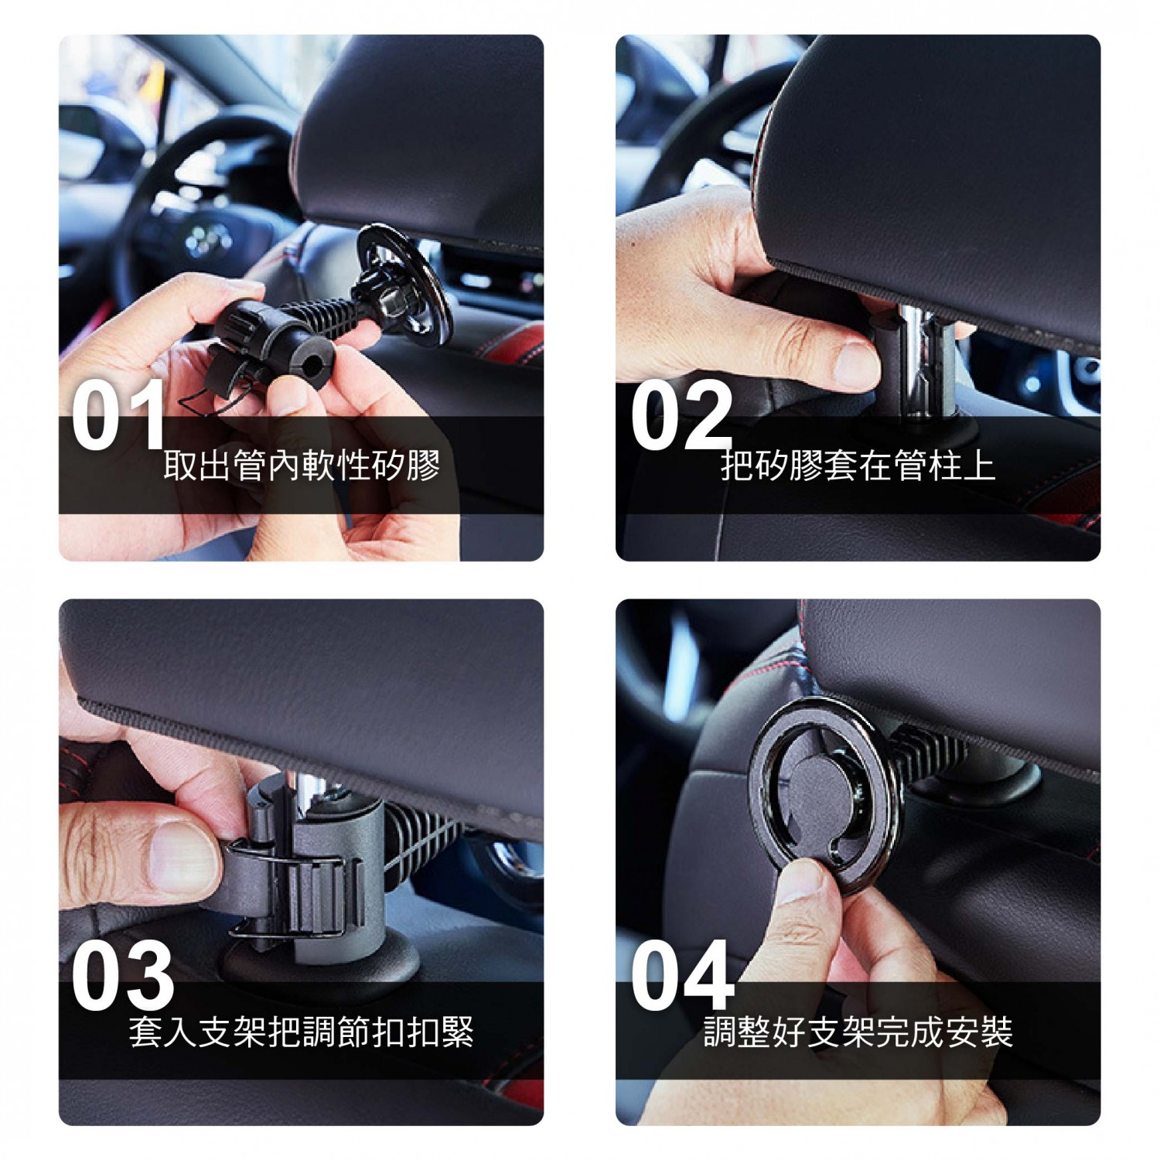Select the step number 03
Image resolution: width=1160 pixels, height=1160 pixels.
coord(122,976)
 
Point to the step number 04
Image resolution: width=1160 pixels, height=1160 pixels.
coord(681,976)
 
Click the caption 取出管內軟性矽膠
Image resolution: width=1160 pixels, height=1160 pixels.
coord(302,466)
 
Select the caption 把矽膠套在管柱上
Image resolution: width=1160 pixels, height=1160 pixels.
coord(858,466)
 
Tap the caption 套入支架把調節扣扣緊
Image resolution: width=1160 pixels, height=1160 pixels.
coord(302,1032)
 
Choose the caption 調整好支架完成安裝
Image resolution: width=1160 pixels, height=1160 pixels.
coord(858,1032)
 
